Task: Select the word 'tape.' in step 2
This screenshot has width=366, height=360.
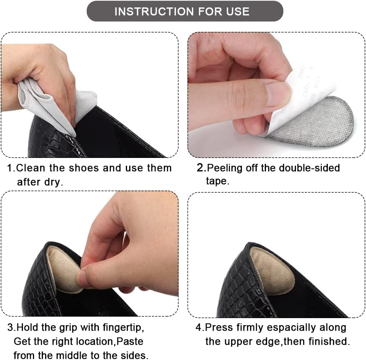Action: [218, 181]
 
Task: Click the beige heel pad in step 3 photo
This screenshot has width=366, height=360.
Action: [63, 269]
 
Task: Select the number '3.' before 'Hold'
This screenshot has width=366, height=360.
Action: [12, 328]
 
